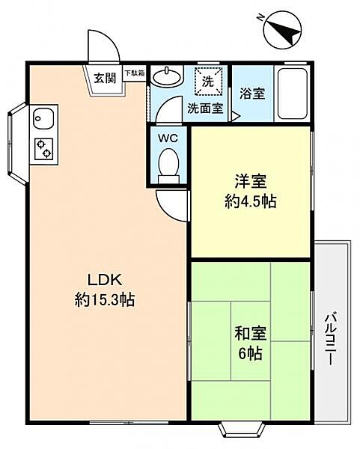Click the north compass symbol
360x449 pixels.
[x=282, y=30]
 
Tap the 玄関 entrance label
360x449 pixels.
[x=105, y=78]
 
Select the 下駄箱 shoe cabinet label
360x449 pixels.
[x=134, y=73]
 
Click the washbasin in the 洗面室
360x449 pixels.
[x=167, y=76]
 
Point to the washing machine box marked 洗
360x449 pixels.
[x=208, y=82]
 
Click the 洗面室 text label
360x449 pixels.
[x=205, y=109]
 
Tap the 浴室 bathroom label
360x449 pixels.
[x=252, y=94]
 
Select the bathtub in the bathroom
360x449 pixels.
[x=293, y=94]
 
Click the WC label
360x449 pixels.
[x=168, y=138]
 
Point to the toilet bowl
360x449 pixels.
[x=169, y=166]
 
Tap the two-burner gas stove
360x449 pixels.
[x=44, y=149]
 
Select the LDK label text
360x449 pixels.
[x=105, y=280]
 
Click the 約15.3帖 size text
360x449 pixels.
[x=105, y=300]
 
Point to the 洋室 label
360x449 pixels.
[x=251, y=181]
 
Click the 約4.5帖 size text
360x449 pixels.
[x=251, y=201]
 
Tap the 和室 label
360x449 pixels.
[x=251, y=334]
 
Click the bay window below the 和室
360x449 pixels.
[x=242, y=429]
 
